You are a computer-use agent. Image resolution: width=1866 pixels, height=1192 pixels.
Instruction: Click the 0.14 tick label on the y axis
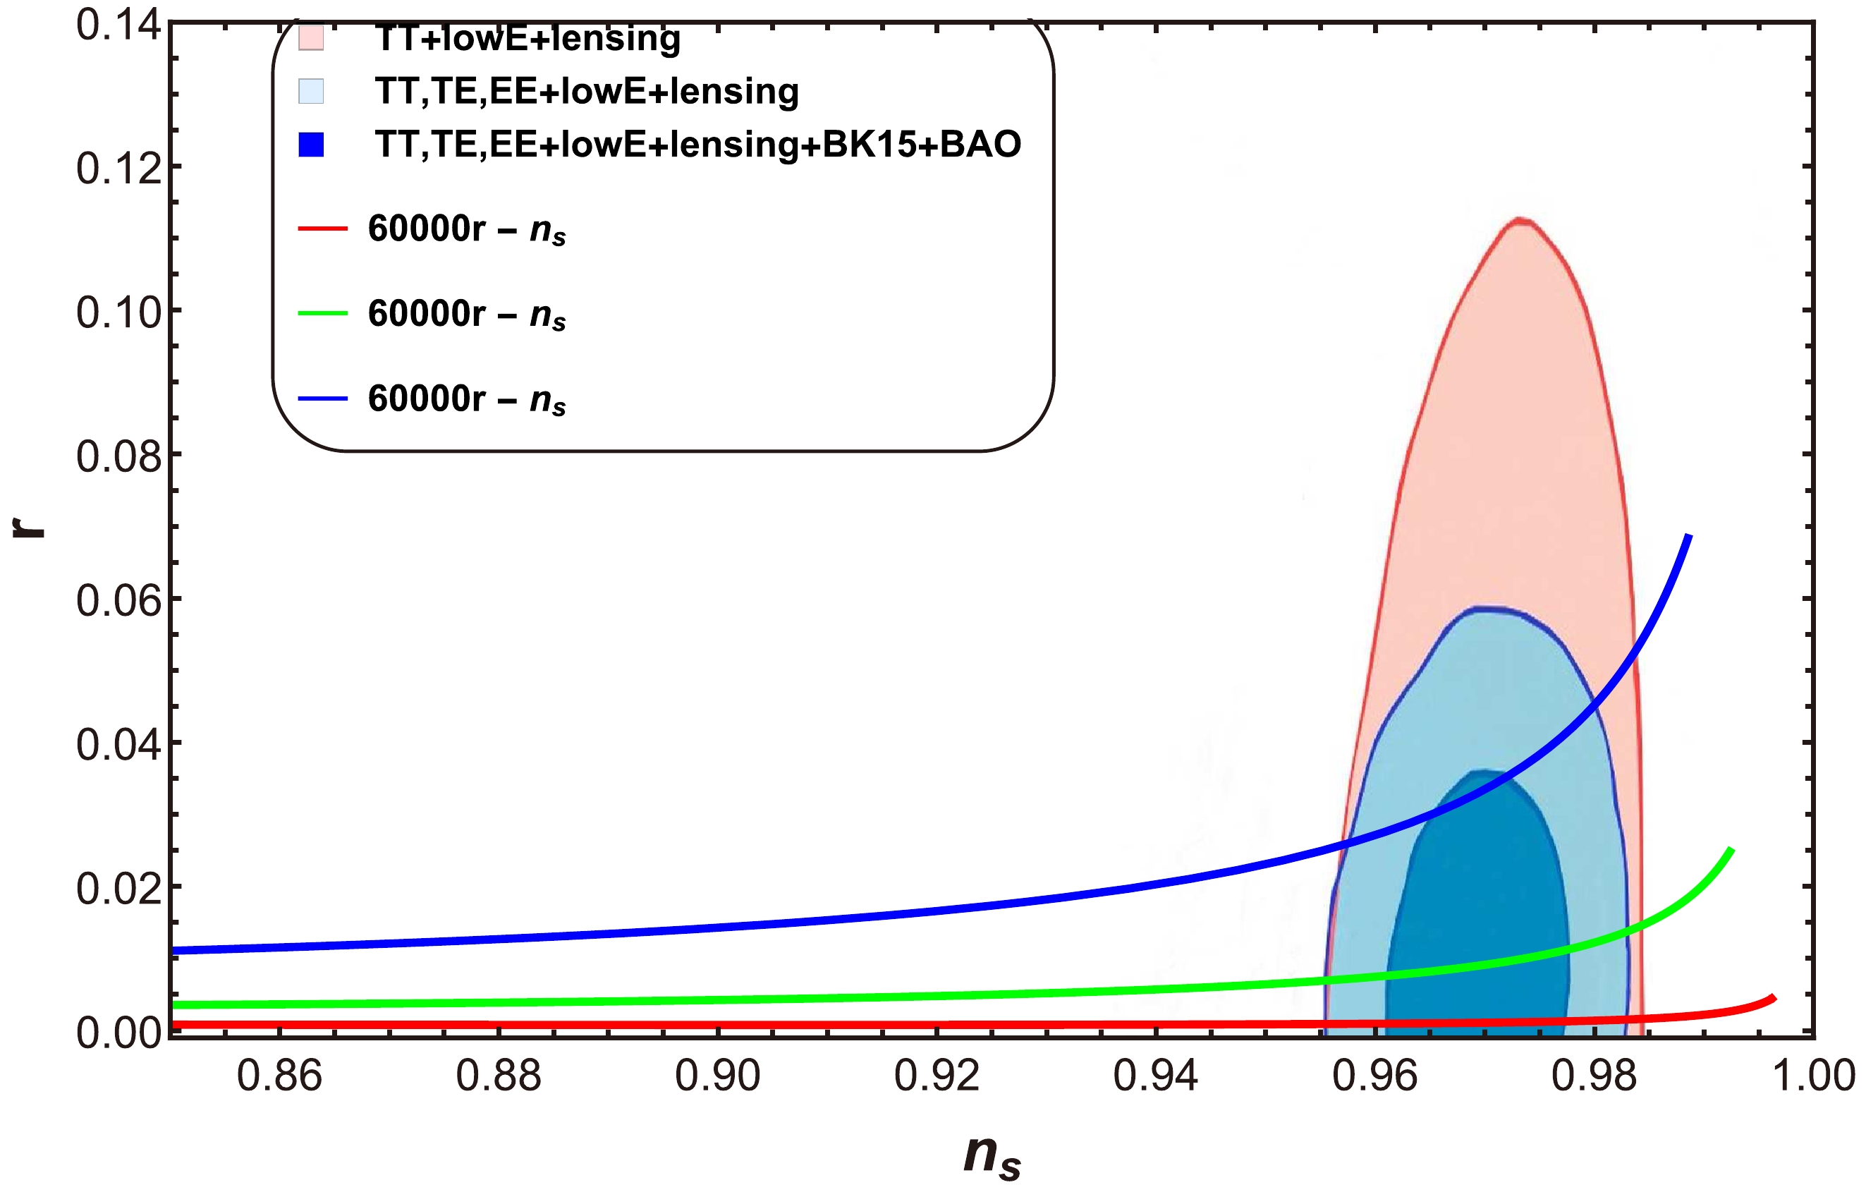point(118,25)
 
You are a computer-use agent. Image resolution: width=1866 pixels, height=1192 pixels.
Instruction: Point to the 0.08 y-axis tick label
point(118,456)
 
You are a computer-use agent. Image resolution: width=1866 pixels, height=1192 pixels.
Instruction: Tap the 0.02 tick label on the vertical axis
point(118,888)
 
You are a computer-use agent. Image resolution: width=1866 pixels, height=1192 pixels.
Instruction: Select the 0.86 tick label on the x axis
point(279,1076)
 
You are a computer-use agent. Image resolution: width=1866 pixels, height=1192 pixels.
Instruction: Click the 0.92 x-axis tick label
point(936,1076)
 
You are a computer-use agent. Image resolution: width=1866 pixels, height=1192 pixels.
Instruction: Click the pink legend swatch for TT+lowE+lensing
point(311,38)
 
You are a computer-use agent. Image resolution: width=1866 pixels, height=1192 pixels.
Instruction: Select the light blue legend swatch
point(311,92)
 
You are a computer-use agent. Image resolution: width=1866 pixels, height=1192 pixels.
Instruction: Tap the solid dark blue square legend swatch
point(311,145)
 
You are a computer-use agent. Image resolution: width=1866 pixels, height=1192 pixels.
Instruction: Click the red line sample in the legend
point(322,229)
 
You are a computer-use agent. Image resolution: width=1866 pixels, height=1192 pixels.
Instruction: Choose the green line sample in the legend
point(322,313)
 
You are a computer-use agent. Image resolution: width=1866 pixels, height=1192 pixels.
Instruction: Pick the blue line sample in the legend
point(322,399)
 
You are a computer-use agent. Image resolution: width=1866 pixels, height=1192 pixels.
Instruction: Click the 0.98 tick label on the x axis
point(1593,1076)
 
